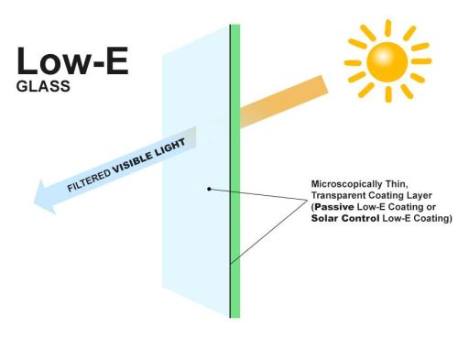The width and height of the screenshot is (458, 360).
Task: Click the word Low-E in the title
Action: (71, 61)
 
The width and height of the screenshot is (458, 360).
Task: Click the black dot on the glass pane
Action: (210, 189)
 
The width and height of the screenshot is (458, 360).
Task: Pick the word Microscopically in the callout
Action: (343, 182)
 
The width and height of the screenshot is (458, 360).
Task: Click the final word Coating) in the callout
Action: (431, 220)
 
